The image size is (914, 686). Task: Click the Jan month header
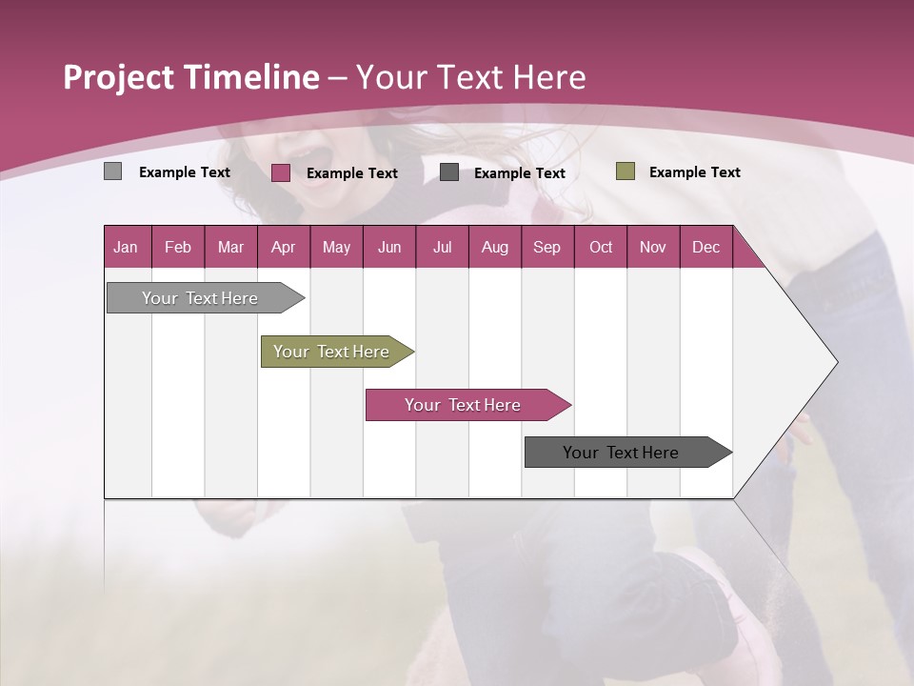[x=126, y=247]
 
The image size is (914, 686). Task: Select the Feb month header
[x=178, y=247]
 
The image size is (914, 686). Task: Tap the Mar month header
[x=230, y=247]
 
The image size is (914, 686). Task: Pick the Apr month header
[x=284, y=247]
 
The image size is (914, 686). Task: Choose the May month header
[x=336, y=247]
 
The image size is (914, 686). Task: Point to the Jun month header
[x=389, y=247]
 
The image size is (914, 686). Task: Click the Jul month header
[x=442, y=247]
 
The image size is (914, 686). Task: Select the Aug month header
[x=495, y=247]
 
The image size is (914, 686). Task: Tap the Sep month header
[x=547, y=247]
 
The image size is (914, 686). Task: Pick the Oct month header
[x=601, y=247]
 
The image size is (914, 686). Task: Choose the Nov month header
[x=653, y=247]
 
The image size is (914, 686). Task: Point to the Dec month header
[x=706, y=247]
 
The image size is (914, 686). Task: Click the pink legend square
[x=281, y=172]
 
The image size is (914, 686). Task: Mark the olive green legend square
[x=626, y=171]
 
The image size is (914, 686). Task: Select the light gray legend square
[x=113, y=171]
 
